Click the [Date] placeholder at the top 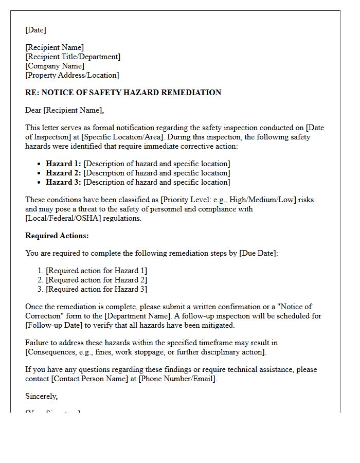click(x=35, y=30)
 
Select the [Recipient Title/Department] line click(x=73, y=57)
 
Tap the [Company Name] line click(x=55, y=66)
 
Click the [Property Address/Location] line click(x=72, y=75)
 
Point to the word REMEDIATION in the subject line click(x=191, y=93)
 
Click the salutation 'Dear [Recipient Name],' click(x=64, y=110)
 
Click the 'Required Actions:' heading click(x=57, y=236)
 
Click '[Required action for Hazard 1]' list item click(x=96, y=271)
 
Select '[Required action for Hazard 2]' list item click(x=96, y=280)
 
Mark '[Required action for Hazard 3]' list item click(x=96, y=289)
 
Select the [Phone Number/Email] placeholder click(x=177, y=379)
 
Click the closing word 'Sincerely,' click(x=42, y=396)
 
